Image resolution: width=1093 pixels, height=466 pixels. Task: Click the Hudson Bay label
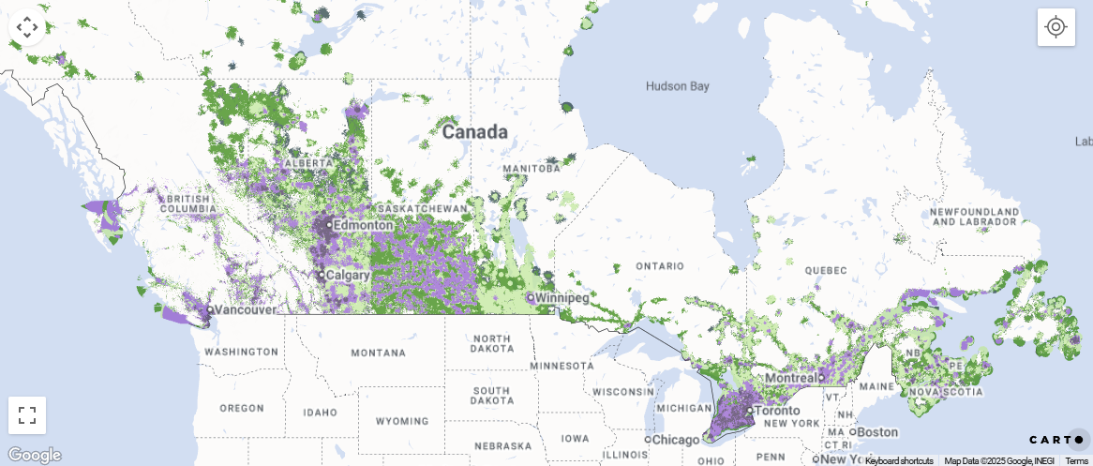tap(677, 86)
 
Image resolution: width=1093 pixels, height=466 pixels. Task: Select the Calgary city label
tap(347, 276)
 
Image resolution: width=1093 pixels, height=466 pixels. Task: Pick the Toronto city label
tap(777, 410)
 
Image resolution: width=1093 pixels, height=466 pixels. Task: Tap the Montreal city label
tap(789, 377)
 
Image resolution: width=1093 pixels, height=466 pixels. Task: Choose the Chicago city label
tap(678, 440)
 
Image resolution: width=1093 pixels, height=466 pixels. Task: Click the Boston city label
tap(876, 432)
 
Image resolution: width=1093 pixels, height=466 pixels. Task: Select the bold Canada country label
tap(474, 131)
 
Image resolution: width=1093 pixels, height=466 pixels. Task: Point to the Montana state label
tap(378, 353)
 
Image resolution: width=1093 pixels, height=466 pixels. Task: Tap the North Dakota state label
tap(492, 344)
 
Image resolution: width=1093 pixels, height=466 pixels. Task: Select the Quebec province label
tap(825, 269)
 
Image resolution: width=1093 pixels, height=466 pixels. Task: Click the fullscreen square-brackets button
tap(27, 415)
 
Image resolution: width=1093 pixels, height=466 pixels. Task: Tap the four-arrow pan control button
tap(27, 27)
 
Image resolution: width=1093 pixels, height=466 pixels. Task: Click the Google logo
tap(34, 456)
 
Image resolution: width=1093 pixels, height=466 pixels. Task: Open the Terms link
tap(1076, 460)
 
